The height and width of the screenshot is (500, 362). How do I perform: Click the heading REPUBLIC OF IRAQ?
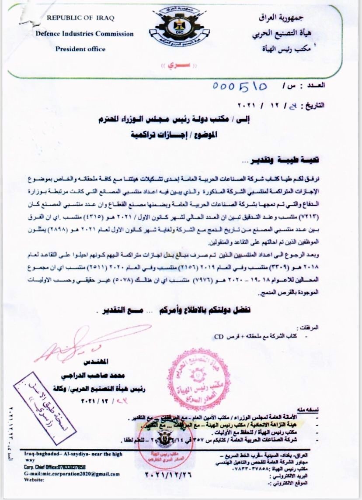pyautogui.click(x=80, y=18)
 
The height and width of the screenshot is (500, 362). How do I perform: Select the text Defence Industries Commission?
pyautogui.click(x=85, y=34)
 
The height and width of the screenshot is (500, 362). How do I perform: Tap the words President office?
pyautogui.click(x=80, y=49)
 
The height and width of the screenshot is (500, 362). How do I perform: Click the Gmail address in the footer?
pyautogui.click(x=70, y=473)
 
